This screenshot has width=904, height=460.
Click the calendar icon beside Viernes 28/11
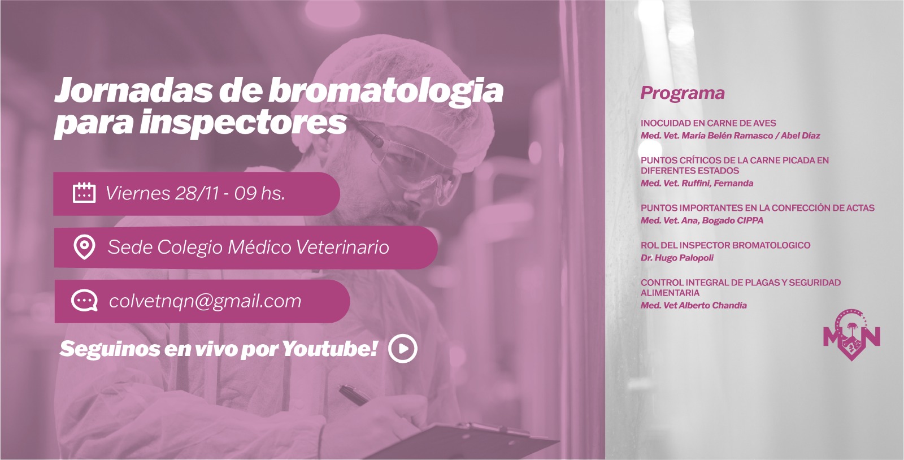[x=84, y=193]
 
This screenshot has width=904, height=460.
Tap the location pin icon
[x=84, y=247]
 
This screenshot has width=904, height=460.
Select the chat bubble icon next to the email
[x=84, y=301]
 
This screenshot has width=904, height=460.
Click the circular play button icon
[x=403, y=349]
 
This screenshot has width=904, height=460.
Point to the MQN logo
[x=851, y=335]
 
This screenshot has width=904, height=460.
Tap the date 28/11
[x=197, y=193]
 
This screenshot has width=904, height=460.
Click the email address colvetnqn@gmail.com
[x=205, y=301]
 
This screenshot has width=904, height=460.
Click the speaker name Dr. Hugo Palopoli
[x=677, y=258]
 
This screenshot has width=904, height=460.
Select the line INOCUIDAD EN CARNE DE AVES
[x=709, y=123]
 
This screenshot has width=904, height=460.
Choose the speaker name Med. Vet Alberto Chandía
[x=694, y=306]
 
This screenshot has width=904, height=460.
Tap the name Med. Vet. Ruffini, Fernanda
[x=697, y=184]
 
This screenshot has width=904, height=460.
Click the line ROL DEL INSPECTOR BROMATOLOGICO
[x=725, y=245]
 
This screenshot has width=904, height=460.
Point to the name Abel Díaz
[x=800, y=136]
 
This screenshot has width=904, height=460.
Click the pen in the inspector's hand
[x=354, y=395]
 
